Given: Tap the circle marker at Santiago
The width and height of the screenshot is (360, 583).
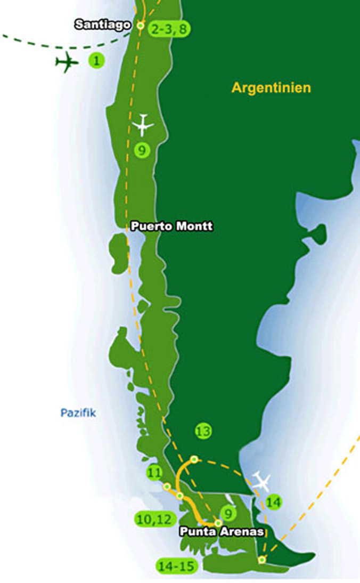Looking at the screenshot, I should click(x=141, y=25).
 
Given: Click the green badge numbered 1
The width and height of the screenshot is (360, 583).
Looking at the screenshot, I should click(x=96, y=61).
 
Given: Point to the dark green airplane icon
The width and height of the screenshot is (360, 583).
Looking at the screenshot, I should click(x=67, y=63).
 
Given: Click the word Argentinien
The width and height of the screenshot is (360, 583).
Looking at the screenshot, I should click(x=271, y=88).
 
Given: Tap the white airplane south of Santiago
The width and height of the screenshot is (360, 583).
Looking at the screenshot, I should click(x=143, y=125).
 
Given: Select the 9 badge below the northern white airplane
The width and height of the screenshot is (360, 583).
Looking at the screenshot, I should click(x=141, y=150).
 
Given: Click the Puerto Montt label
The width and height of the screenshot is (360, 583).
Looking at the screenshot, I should click(x=171, y=226).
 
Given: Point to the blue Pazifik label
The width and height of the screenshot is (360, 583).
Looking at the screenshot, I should click(x=78, y=412).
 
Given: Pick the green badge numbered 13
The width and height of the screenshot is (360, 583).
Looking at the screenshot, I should click(x=203, y=431).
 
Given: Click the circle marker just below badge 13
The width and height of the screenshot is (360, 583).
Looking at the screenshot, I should click(x=194, y=459).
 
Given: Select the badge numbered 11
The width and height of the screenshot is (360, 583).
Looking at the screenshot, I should click(x=154, y=472).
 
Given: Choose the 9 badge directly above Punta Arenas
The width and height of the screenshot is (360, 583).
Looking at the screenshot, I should click(x=227, y=513).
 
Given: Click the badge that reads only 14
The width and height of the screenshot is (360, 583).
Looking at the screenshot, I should click(x=274, y=501).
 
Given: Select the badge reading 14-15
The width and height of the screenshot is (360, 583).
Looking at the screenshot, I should click(x=178, y=565).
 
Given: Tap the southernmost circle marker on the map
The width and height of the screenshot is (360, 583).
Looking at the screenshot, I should click(x=261, y=560).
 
